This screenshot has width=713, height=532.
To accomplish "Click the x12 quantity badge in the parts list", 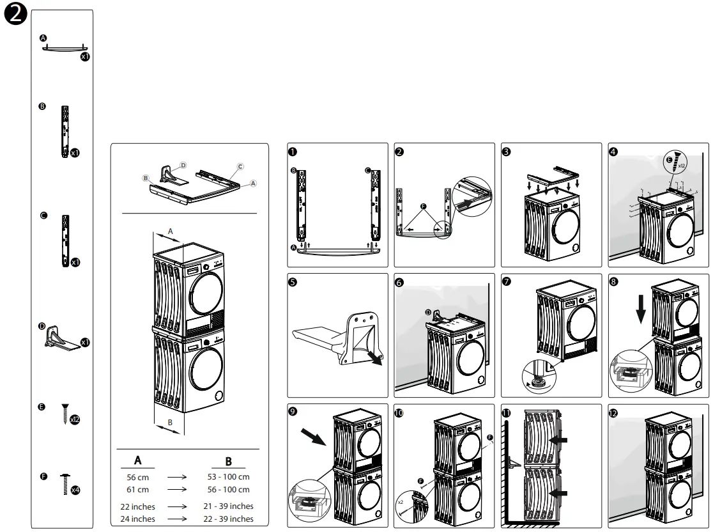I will coord(75,419).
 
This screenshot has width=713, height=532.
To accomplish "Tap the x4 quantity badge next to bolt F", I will coord(75,490).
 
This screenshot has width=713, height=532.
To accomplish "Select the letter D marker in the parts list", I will coord(42,326).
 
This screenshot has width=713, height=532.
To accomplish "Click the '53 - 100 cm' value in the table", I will coord(228,477).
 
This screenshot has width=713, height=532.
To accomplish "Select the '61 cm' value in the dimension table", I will coord(137,490).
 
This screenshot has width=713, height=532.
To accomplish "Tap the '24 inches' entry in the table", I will coord(137,519).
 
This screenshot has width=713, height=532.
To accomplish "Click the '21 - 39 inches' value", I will coord(228,506).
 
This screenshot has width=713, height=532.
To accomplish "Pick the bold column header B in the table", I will coord(228,461).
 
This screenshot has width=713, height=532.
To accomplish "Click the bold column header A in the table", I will coord(137,460).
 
